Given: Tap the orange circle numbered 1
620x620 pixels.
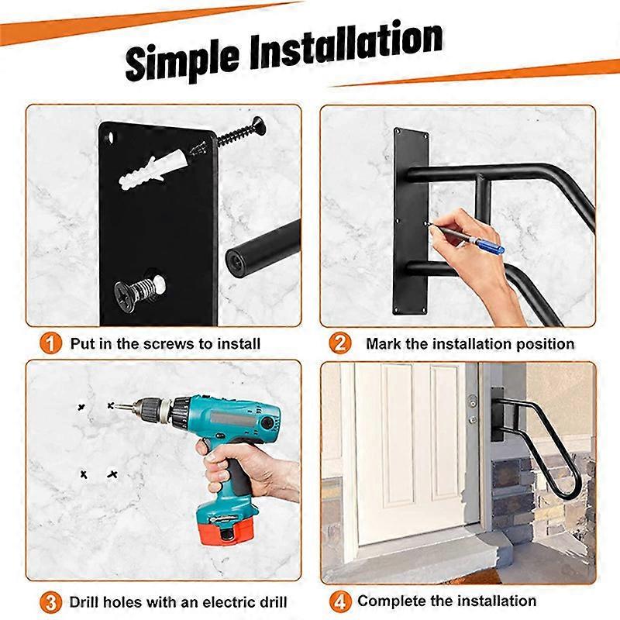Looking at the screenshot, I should [50, 343].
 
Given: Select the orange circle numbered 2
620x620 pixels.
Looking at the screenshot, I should [340, 343].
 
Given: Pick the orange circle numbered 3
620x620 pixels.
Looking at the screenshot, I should [50, 601].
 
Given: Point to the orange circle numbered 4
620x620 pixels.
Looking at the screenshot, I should [340, 601].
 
